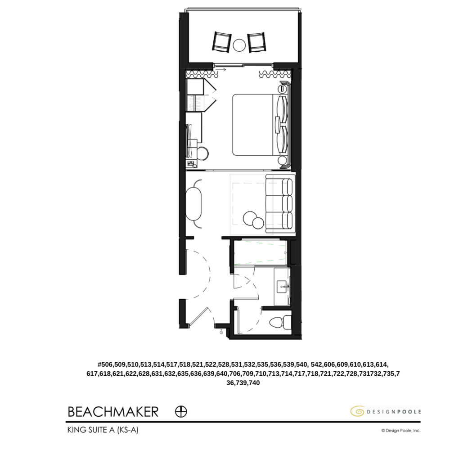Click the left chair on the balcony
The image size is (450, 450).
[221, 42]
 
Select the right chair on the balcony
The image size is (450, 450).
[257, 42]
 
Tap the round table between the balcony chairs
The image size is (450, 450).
[239, 45]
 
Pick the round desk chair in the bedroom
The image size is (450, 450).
[202, 153]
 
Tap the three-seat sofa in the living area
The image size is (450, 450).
[279, 205]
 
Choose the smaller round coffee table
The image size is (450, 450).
[258, 223]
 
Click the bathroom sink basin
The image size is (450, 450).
[283, 286]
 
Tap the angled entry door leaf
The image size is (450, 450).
[198, 315]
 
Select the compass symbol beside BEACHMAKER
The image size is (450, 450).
[181, 411]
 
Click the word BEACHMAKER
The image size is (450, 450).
[113, 412]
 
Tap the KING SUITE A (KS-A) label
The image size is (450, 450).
[102, 430]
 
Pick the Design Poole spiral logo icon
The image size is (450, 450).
[357, 411]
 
